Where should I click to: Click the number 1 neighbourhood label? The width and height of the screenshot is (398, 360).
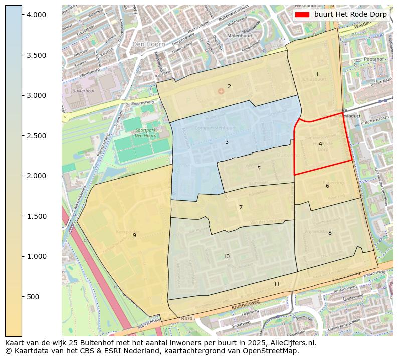[x=317, y=75]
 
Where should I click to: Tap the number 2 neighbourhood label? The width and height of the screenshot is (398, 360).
[x=229, y=86]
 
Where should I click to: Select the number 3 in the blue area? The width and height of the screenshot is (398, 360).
[x=227, y=142]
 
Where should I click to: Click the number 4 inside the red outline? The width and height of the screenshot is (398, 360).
[x=320, y=144]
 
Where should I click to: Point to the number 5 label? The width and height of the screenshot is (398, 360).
[x=259, y=169]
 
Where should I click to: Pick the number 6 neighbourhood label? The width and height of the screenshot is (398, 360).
[x=327, y=186]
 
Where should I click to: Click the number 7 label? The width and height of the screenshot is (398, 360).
[x=241, y=207]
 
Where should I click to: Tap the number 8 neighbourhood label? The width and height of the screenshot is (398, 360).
[x=330, y=233]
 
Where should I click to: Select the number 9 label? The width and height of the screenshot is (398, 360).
[x=134, y=235]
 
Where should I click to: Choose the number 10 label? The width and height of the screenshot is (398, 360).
[x=226, y=257]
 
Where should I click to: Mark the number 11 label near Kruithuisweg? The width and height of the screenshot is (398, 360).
[x=277, y=284]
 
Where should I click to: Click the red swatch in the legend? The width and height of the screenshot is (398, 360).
[x=302, y=15]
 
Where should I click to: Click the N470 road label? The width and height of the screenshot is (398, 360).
[x=186, y=318]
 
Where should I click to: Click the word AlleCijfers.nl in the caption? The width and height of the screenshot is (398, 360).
[x=290, y=343]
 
